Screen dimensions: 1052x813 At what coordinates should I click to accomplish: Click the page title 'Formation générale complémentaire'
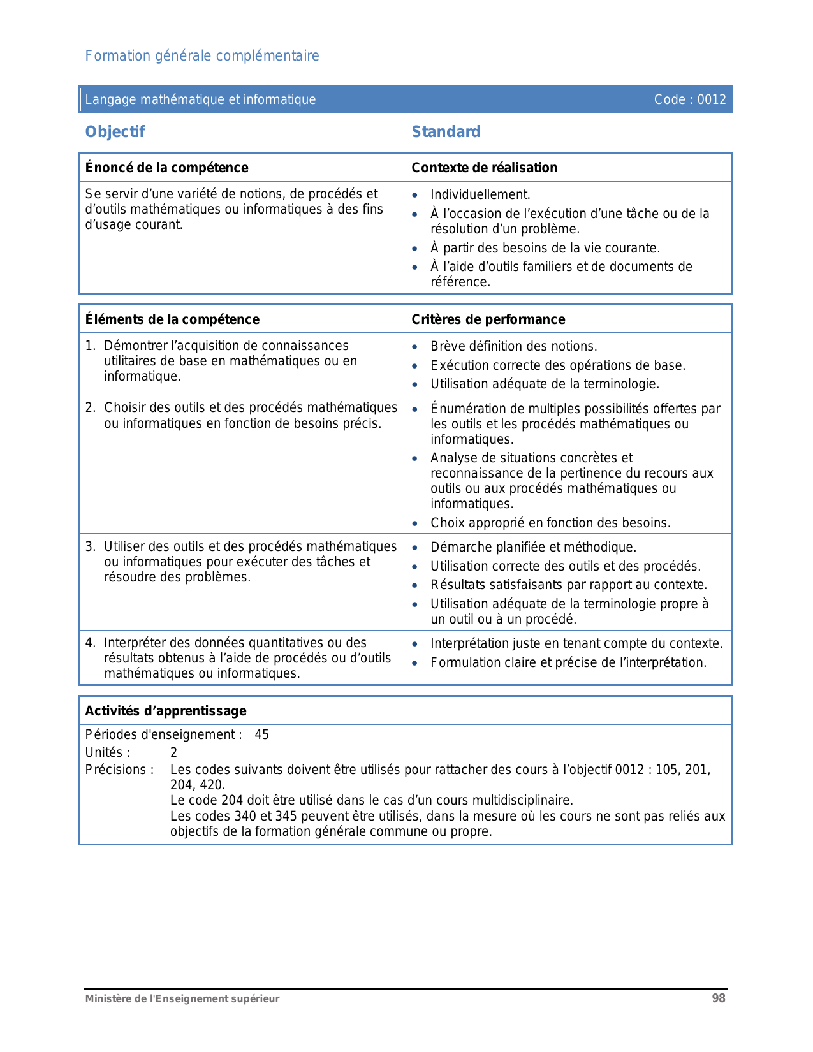point(202,56)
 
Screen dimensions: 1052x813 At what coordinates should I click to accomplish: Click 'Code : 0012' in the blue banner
point(690,99)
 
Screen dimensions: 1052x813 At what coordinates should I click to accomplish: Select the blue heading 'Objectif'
point(115,132)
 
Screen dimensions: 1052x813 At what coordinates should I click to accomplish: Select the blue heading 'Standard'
point(446,132)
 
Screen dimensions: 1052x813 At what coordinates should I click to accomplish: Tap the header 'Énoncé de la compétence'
point(166,168)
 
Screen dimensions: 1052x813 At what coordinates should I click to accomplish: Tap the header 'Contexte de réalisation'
point(484,168)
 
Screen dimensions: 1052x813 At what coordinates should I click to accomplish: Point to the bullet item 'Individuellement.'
point(480,194)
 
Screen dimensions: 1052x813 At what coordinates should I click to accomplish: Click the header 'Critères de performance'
point(488,319)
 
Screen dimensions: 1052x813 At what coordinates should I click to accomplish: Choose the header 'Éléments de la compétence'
point(172,319)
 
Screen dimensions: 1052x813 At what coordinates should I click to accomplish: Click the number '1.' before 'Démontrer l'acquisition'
point(91,346)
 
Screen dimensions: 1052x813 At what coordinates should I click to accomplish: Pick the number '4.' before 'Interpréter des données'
point(91,643)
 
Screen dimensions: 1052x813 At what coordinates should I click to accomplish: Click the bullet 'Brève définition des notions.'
point(513,346)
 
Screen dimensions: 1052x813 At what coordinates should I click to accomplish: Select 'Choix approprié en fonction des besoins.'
point(550,523)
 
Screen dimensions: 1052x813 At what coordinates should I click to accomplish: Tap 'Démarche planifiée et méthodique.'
point(533,547)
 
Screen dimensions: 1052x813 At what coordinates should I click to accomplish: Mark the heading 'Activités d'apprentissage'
point(166,711)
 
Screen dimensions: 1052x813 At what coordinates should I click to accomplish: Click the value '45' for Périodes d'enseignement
point(262,734)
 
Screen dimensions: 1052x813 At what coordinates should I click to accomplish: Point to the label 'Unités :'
point(107,752)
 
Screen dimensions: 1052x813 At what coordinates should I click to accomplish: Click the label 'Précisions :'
point(119,770)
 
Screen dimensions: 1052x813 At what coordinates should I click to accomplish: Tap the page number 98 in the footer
point(719,998)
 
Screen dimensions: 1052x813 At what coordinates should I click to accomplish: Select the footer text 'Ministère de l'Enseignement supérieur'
point(182,999)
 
